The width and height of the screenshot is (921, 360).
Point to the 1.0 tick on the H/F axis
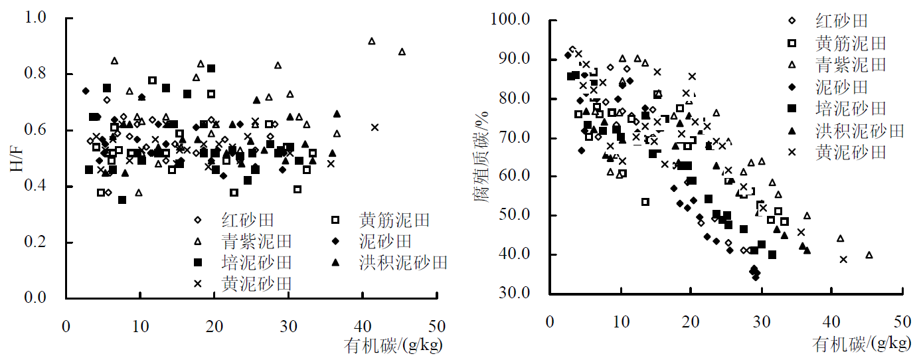click(39, 17)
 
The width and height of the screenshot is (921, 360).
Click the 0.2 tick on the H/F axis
click(39, 242)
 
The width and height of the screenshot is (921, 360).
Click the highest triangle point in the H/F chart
click(372, 41)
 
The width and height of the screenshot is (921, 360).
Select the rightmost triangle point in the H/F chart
click(402, 52)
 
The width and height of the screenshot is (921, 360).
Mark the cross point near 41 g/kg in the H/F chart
click(375, 127)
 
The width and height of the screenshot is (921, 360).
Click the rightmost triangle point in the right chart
click(869, 255)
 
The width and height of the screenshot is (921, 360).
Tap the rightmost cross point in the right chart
click(843, 259)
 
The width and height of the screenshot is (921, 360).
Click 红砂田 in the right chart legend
click(841, 21)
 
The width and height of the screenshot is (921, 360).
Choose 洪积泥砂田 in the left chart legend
click(403, 262)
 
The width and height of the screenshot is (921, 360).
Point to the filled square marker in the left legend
click(197, 262)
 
